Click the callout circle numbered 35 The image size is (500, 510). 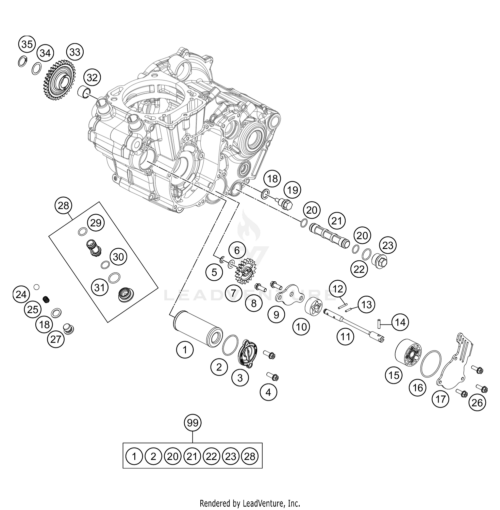point(27,44)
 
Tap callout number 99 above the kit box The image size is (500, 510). point(193,423)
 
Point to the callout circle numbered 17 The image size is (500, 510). point(440,399)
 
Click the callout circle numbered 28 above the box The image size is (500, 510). point(63,206)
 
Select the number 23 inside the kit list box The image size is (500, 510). point(230,456)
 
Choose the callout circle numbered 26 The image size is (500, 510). point(477,403)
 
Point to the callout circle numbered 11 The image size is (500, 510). point(345,337)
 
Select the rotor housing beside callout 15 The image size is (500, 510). point(408,355)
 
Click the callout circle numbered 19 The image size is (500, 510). point(292,190)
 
